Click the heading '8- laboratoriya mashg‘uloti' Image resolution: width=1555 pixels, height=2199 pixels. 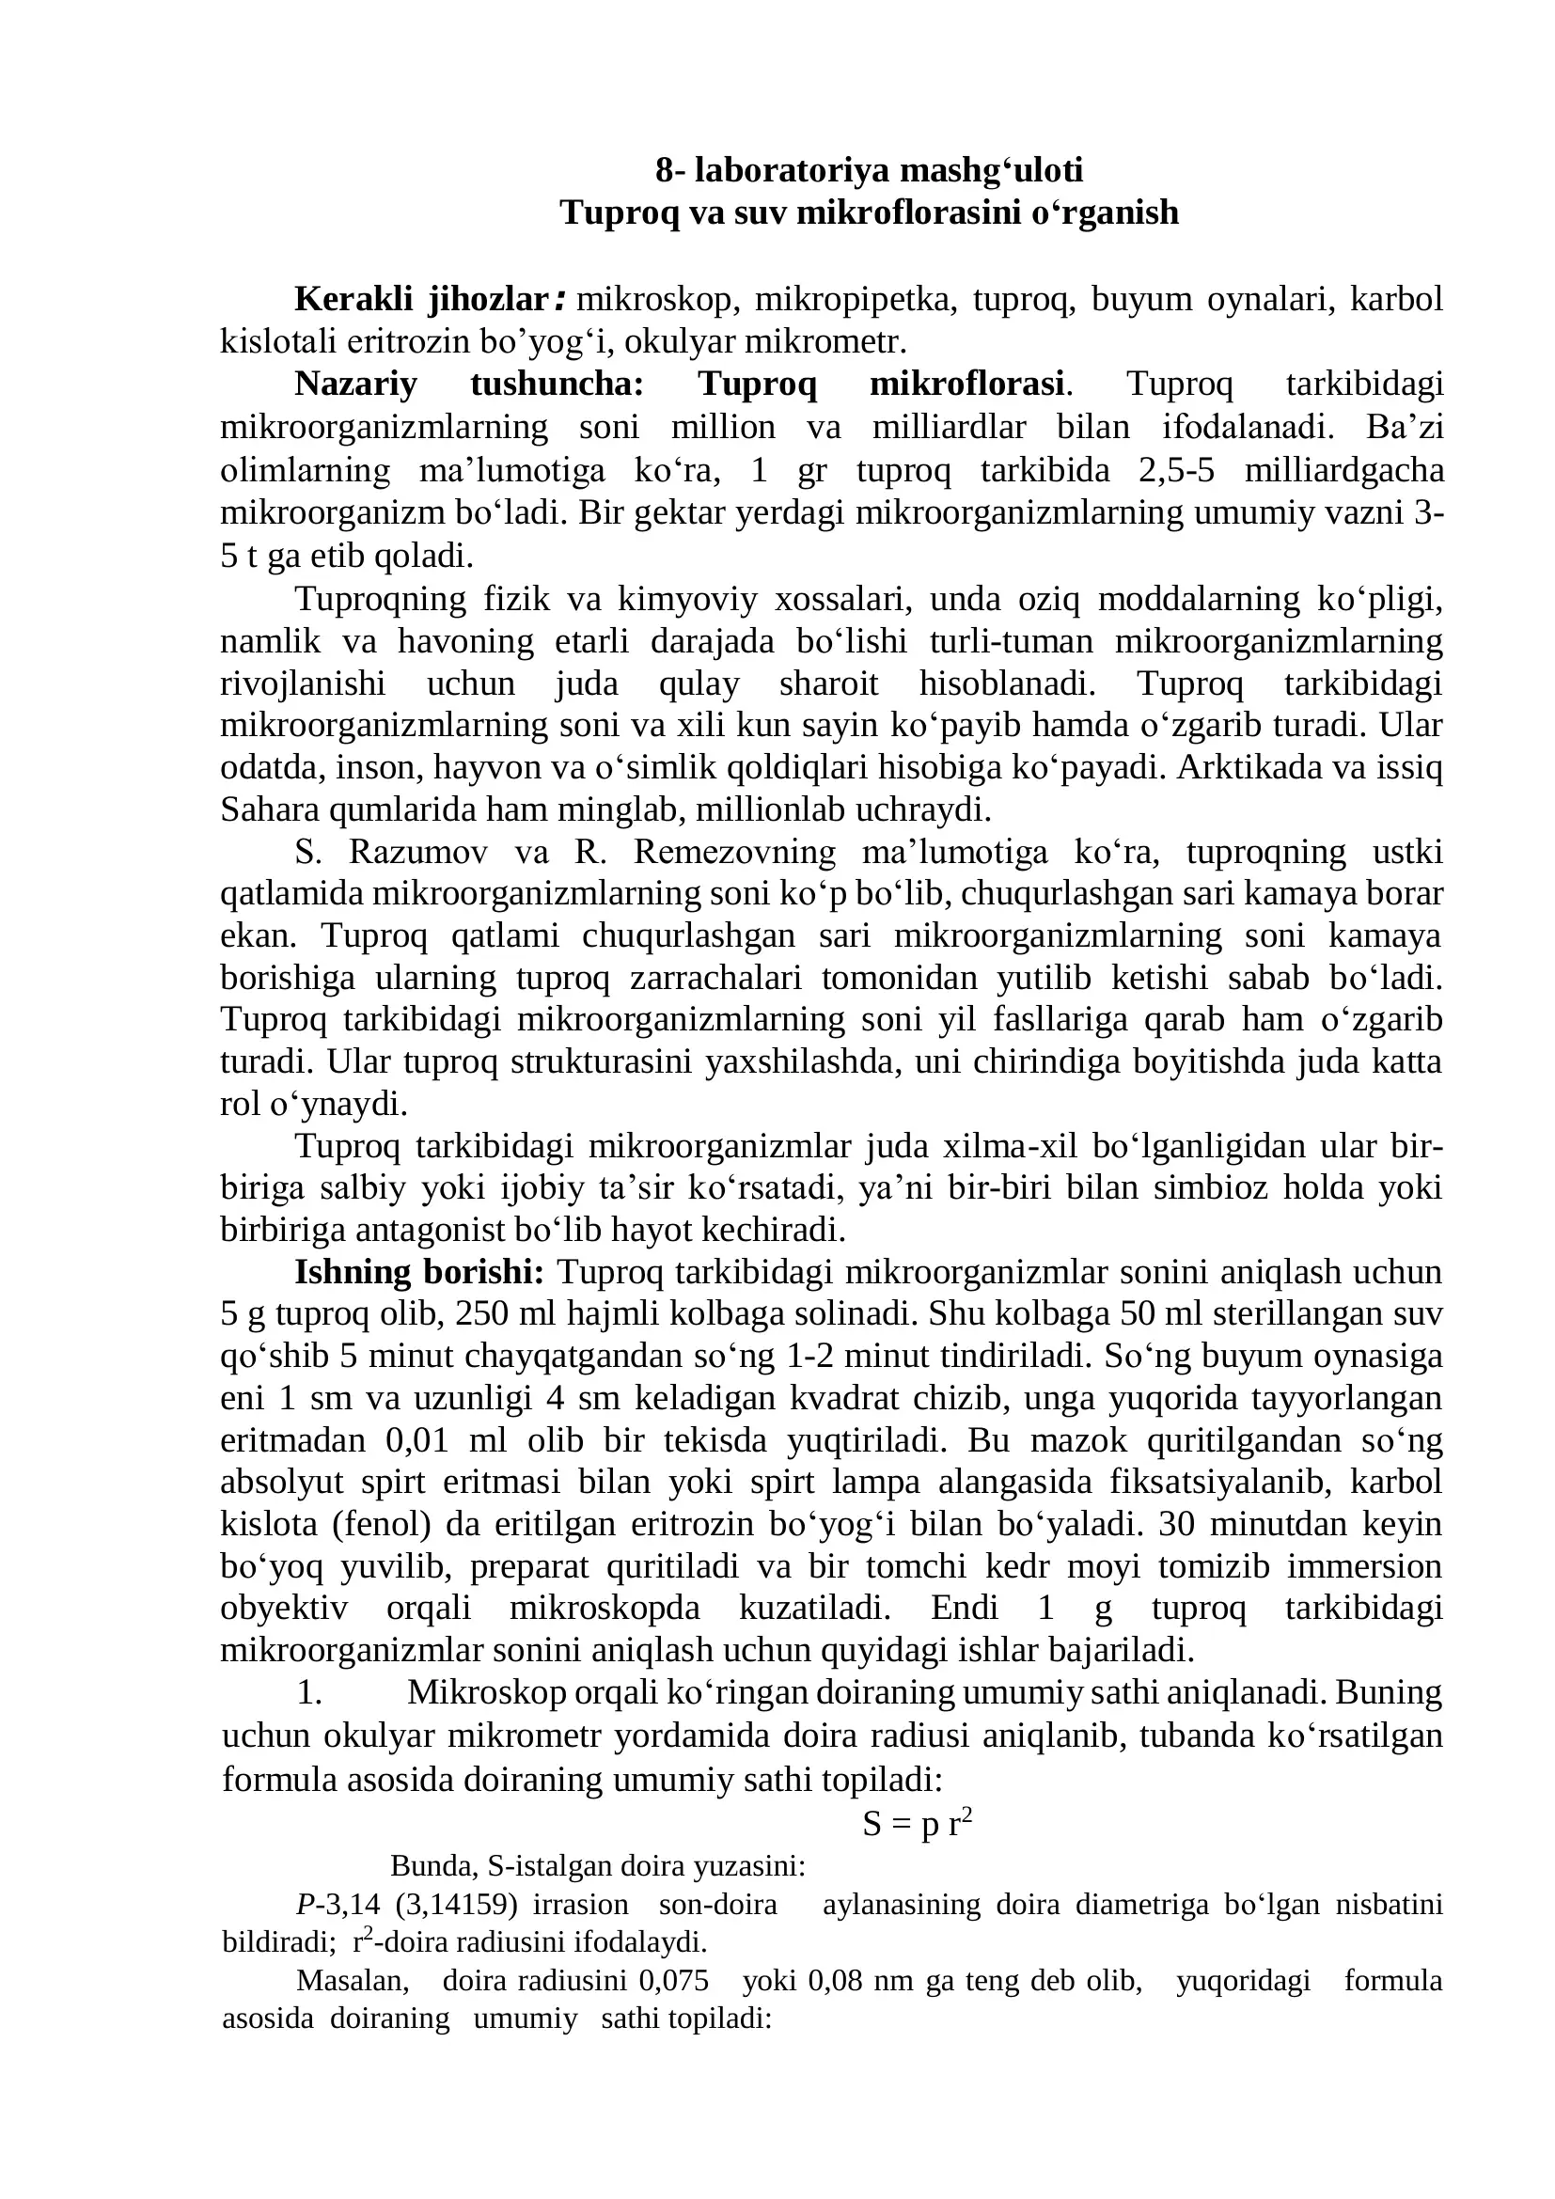[x=869, y=170]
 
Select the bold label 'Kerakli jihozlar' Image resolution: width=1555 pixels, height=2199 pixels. [x=420, y=300]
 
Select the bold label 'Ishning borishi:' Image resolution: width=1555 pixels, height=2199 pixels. [x=419, y=1272]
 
